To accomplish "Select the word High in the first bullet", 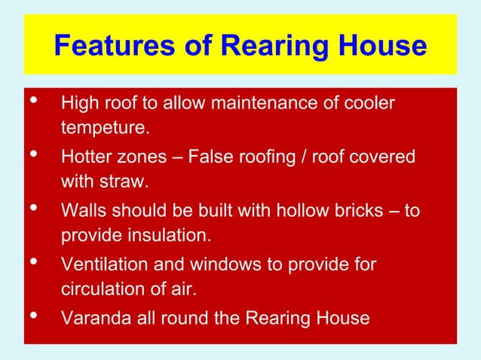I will click(x=78, y=102).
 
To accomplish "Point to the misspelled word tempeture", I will click(x=105, y=128).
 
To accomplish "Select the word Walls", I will click(x=83, y=210).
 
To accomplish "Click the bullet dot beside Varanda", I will click(x=32, y=316).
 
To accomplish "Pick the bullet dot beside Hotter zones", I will click(x=32, y=154).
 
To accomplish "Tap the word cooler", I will click(x=369, y=102).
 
